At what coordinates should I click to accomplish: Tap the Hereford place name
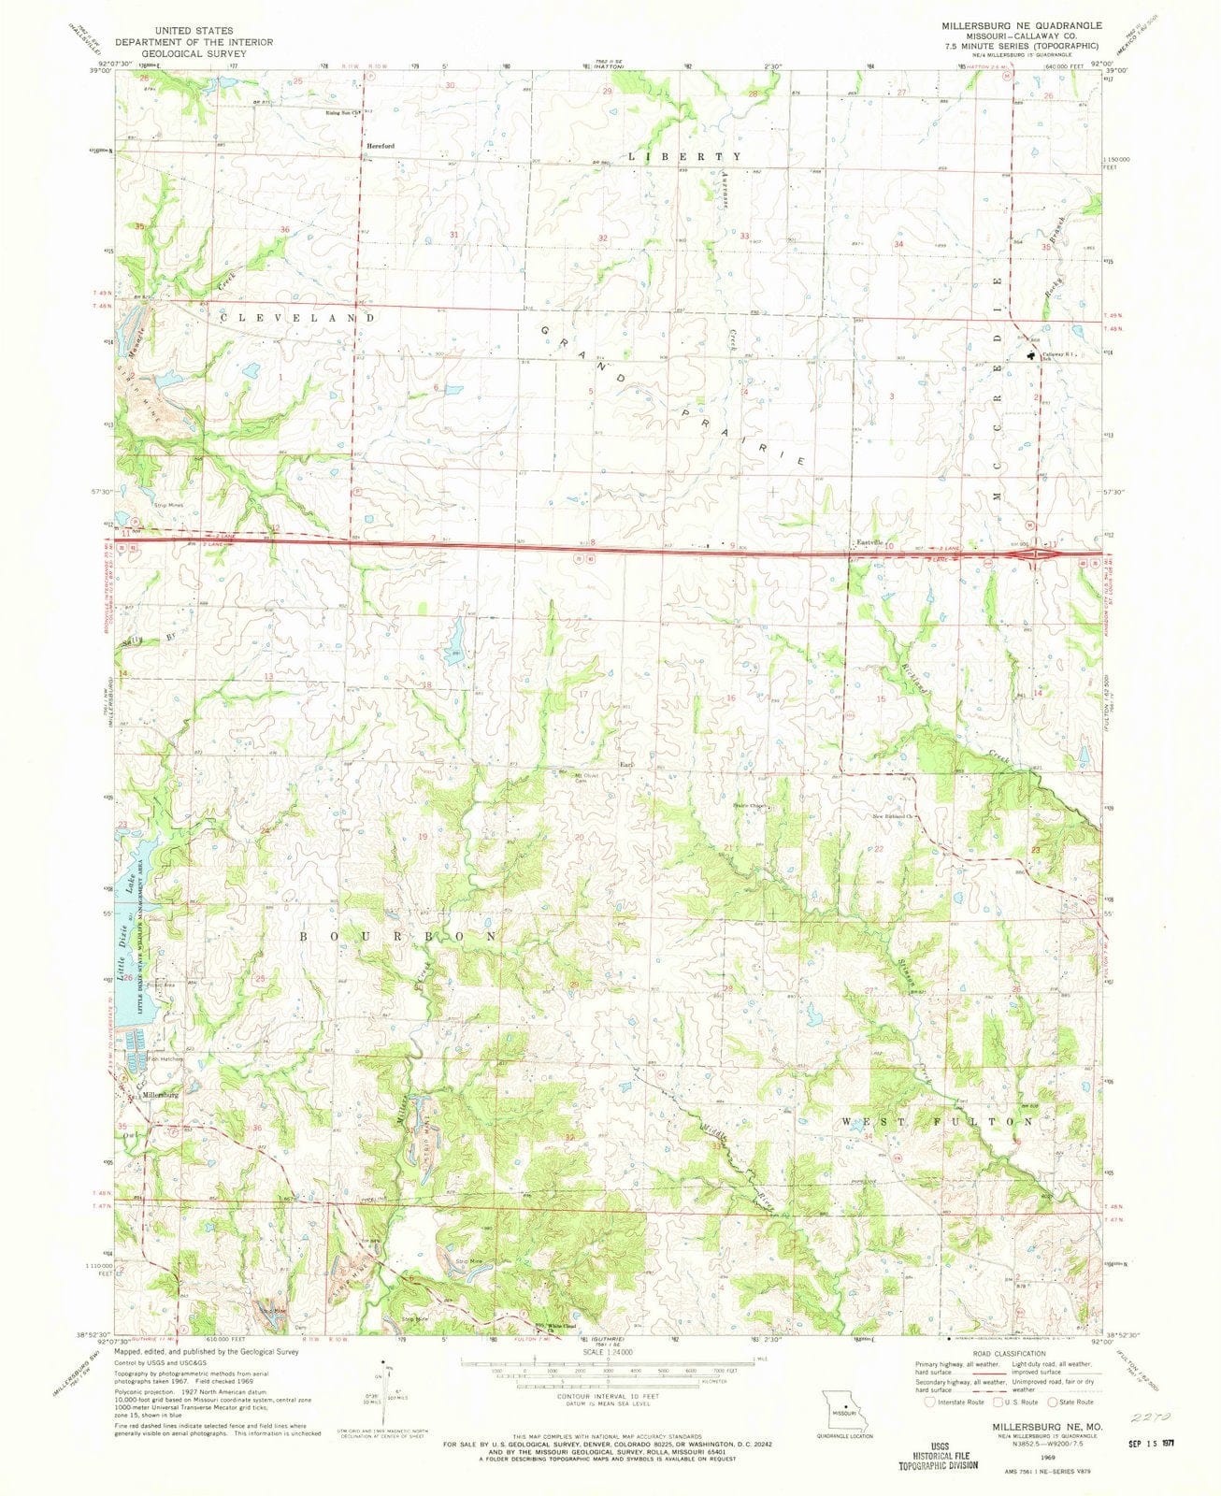click(381, 147)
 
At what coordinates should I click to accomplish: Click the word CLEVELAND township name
click(297, 318)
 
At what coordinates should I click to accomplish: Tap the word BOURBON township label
click(397, 935)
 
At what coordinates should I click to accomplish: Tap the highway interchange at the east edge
click(1036, 554)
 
